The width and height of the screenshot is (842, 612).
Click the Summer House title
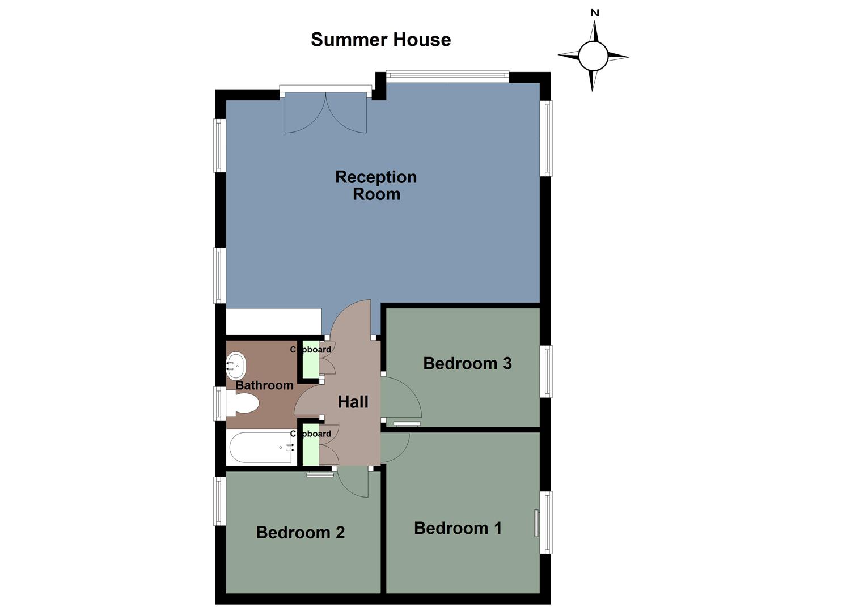(380, 40)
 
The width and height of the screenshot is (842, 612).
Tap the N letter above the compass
(595, 12)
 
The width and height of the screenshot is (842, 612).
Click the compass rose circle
(593, 56)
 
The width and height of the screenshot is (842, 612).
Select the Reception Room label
(376, 185)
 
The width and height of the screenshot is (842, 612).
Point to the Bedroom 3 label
(467, 363)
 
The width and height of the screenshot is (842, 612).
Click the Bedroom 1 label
(458, 528)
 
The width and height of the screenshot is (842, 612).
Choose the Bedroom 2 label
(300, 532)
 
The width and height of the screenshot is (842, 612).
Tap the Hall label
(353, 402)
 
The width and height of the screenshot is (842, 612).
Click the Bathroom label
(264, 385)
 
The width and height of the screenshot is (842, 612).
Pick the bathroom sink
(236, 366)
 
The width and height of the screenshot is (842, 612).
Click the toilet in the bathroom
(244, 403)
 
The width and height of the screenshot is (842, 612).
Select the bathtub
(261, 448)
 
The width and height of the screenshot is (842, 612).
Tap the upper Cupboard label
(311, 350)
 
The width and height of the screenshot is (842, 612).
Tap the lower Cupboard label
(311, 433)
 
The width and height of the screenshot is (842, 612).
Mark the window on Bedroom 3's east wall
(546, 371)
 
